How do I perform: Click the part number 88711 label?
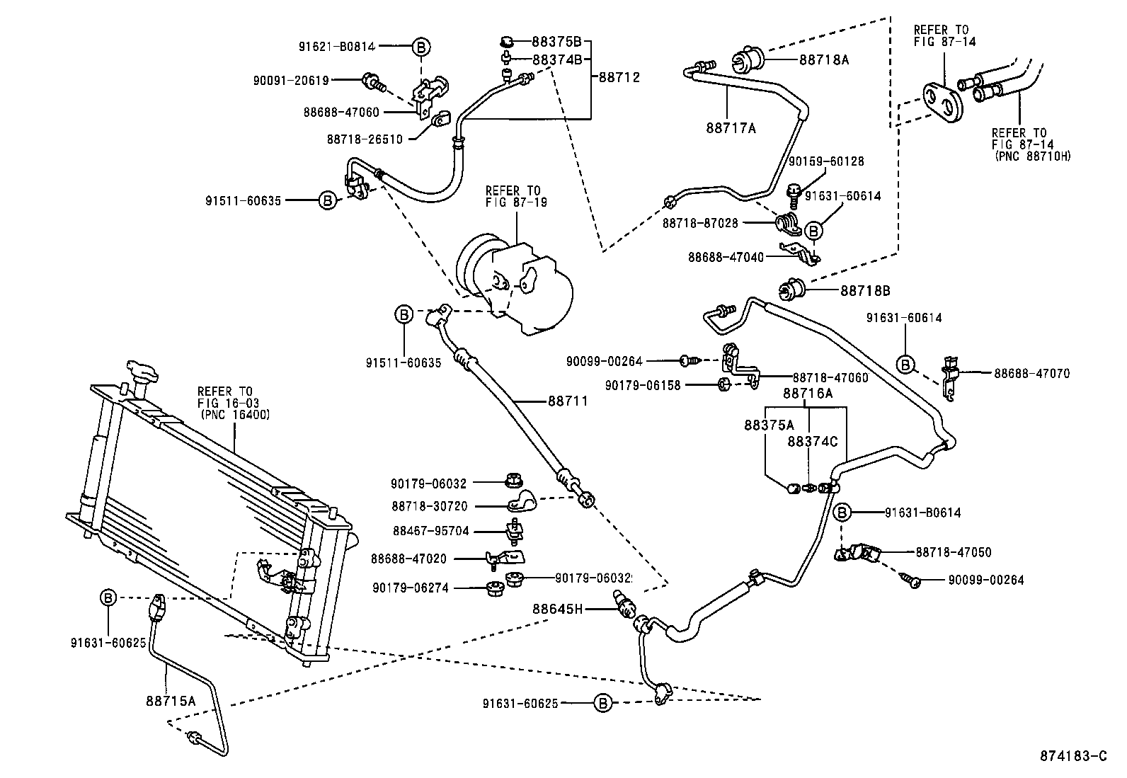tap(568, 401)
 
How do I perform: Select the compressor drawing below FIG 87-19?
tap(515, 283)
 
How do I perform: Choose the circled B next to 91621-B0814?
tap(421, 47)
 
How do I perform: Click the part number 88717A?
tap(731, 128)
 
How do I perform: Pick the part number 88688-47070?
tap(1031, 373)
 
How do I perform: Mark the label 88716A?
tap(807, 393)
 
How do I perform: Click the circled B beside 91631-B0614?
tap(842, 513)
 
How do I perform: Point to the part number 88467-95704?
tap(430, 531)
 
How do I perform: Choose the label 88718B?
tap(865, 291)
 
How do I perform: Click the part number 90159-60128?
tap(825, 161)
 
